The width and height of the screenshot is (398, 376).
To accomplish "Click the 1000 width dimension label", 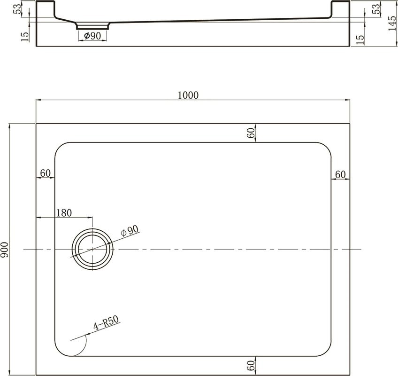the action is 188,95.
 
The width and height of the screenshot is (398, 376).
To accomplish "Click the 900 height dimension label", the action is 5,250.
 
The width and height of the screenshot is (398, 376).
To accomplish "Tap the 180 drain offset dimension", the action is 64,213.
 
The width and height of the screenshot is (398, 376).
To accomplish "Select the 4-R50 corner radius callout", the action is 107,322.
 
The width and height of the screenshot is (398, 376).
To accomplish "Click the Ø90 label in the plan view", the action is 130,231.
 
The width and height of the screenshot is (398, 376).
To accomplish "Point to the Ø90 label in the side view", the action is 92,36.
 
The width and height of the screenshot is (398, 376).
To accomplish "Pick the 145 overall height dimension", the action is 392,23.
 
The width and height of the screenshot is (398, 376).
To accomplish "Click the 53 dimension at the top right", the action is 377,8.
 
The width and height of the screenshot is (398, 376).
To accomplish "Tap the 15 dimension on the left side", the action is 25,37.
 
